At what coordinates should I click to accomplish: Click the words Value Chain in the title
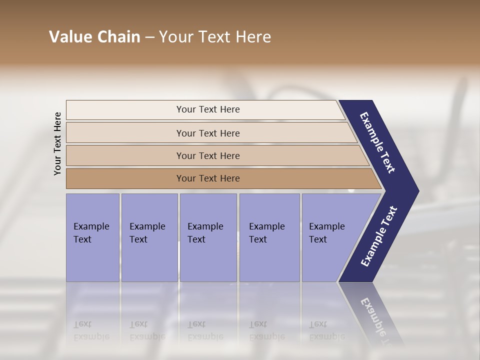click(x=94, y=37)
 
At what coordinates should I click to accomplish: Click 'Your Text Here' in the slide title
click(x=215, y=37)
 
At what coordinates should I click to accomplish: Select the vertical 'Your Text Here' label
click(x=57, y=143)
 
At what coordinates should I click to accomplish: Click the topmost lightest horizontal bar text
click(x=208, y=109)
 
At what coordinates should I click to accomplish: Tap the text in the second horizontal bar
click(x=208, y=133)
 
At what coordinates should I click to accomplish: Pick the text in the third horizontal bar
click(x=208, y=156)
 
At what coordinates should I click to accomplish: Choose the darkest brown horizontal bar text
click(x=208, y=178)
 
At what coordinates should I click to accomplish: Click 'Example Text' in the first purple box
click(x=91, y=233)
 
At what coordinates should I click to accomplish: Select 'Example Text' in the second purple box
click(x=147, y=233)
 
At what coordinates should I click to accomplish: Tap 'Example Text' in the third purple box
click(x=205, y=233)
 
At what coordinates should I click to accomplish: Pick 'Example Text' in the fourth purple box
click(x=266, y=233)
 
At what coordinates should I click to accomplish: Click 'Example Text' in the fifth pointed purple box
click(x=326, y=233)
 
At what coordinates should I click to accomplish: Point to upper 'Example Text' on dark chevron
click(x=377, y=142)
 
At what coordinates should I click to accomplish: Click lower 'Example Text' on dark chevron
click(x=379, y=236)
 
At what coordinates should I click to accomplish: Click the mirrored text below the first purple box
click(x=91, y=330)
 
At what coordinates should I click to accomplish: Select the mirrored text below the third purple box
click(x=205, y=330)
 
